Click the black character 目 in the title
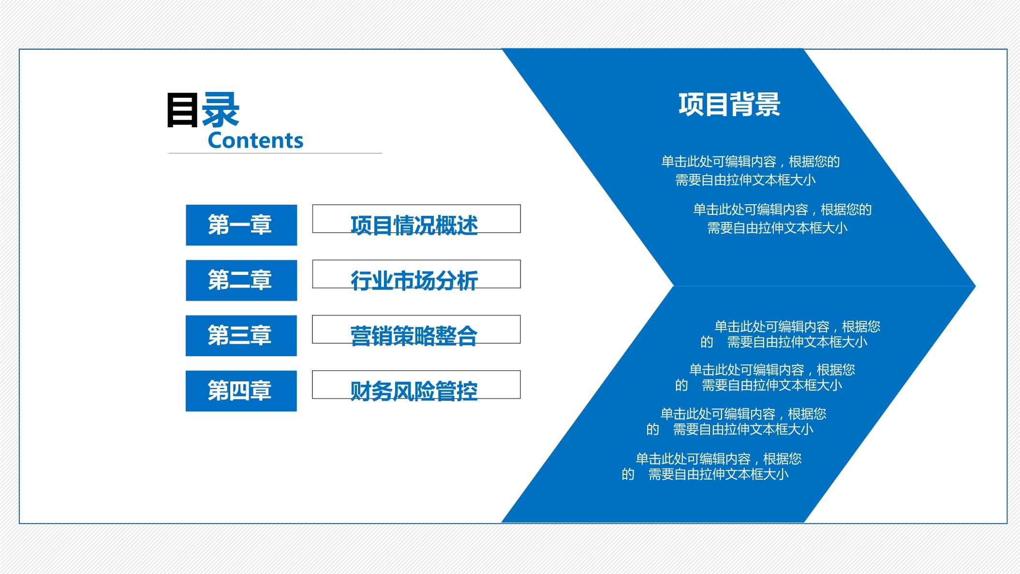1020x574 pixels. (182, 110)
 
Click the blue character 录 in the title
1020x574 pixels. (220, 110)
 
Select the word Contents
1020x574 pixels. (255, 140)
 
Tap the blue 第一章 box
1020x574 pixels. (241, 225)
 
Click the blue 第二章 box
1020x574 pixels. (241, 280)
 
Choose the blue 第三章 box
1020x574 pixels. (241, 335)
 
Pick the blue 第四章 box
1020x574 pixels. (241, 391)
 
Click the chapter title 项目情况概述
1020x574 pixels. (414, 226)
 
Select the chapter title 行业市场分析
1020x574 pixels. (414, 281)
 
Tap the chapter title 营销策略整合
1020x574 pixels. (414, 336)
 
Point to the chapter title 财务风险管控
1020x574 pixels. (414, 391)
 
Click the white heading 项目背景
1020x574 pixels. (729, 105)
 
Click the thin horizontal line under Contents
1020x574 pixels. (275, 153)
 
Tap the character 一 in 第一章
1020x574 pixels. (240, 225)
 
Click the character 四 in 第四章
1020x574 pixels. (240, 391)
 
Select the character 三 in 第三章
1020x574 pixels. (240, 335)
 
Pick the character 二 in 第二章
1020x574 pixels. (240, 280)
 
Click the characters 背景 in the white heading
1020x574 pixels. (755, 105)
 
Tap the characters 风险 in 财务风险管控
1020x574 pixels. (414, 391)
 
